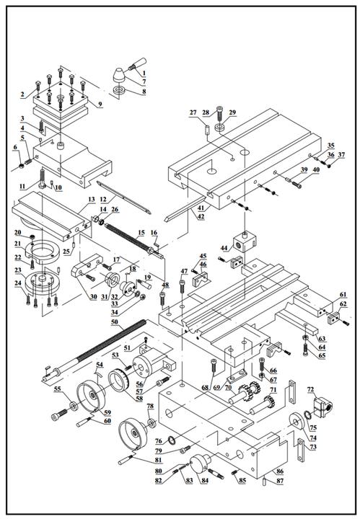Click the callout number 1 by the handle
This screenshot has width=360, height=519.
[x=144, y=73]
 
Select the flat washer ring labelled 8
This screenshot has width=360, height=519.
[x=119, y=89]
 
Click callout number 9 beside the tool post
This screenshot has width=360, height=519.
[x=100, y=105]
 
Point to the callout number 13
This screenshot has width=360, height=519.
[x=92, y=200]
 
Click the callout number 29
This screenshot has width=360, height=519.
[x=232, y=112]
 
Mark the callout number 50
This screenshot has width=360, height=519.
[x=115, y=321]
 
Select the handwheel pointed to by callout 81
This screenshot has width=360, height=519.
[x=133, y=435]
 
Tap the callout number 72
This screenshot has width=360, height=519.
[x=312, y=389]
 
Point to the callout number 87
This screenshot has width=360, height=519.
[x=280, y=481]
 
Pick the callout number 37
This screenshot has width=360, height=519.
[x=341, y=155]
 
